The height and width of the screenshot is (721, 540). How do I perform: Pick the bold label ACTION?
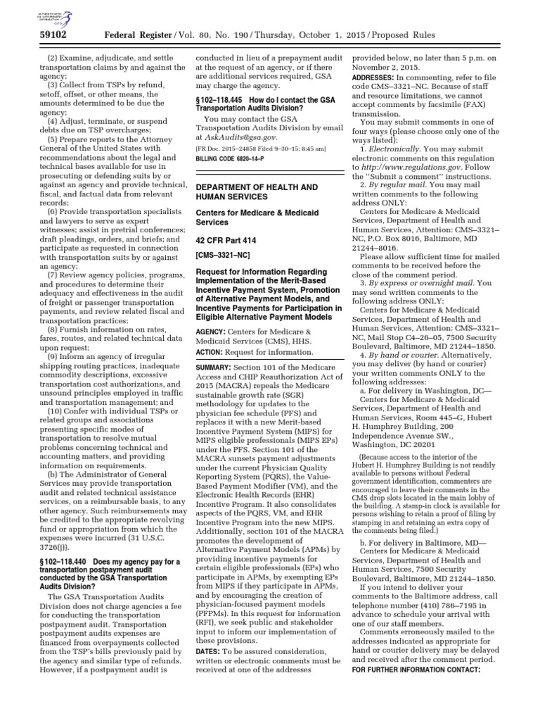pos(211,352)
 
